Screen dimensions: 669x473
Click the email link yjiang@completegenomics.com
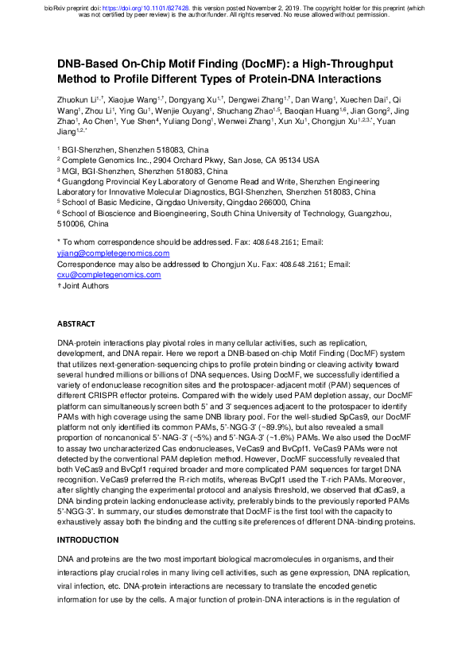click(114, 253)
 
